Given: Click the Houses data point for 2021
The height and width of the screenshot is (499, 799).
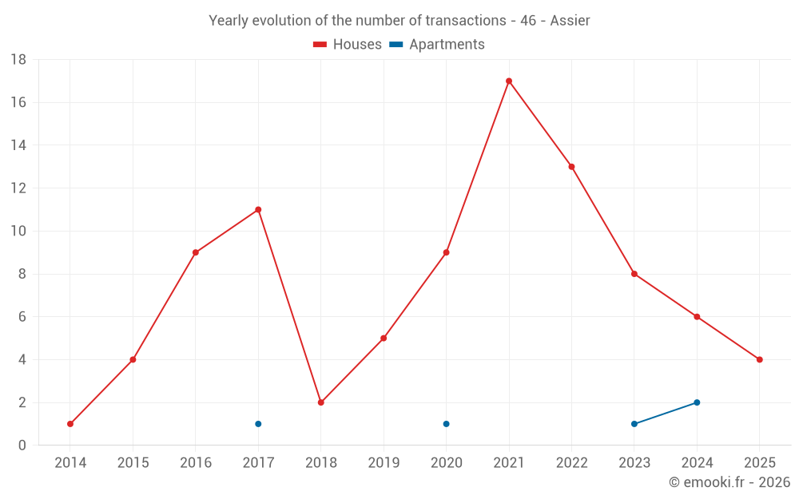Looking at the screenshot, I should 509,81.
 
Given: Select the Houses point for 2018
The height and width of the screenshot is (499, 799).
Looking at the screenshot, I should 320,402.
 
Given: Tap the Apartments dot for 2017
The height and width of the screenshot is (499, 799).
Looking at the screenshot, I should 258,424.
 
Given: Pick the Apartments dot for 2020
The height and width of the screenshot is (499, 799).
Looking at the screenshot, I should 446,424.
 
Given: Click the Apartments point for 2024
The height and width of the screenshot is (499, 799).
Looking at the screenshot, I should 697,402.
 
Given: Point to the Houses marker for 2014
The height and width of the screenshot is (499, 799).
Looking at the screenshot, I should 70,424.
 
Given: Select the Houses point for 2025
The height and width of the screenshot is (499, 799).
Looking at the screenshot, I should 759,359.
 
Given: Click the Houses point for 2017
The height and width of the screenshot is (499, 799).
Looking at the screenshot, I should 258,210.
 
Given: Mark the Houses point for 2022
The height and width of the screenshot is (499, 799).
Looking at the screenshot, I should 571,167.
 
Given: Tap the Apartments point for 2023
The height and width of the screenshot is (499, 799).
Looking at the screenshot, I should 634,424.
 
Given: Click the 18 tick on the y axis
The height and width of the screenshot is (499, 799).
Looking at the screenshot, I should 18,60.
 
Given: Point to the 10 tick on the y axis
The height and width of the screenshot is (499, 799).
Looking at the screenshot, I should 18,232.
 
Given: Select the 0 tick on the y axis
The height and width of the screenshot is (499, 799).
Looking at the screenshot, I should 22,446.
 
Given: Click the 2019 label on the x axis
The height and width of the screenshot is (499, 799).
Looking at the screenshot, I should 384,463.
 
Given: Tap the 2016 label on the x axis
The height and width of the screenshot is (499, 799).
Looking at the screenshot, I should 196,463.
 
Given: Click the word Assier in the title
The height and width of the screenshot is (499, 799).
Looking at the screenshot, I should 570,21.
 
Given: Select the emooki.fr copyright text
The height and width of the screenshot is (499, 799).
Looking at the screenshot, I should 729,482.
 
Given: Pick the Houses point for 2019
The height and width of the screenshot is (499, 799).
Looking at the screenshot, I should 384,339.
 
